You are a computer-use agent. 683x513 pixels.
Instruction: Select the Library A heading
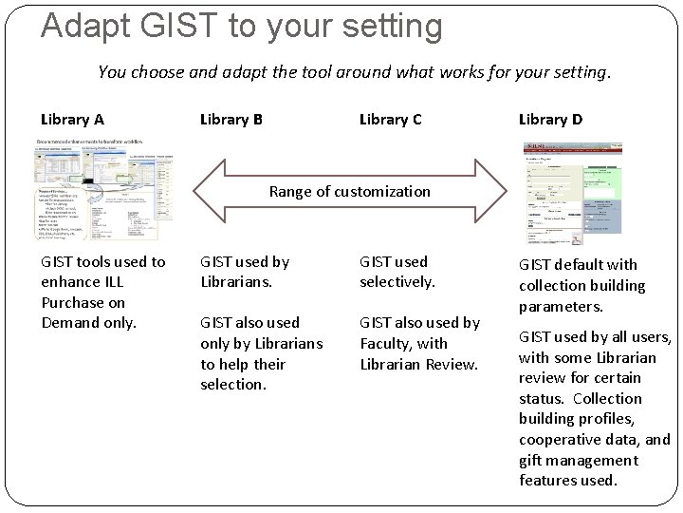click(x=72, y=120)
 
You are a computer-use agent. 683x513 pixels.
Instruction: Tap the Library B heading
click(x=231, y=120)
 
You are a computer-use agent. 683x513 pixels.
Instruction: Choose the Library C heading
click(x=391, y=120)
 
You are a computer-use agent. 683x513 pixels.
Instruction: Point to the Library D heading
click(x=550, y=120)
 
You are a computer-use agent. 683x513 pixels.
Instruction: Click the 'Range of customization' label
click(x=349, y=191)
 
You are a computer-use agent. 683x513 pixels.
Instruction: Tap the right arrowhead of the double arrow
click(x=491, y=191)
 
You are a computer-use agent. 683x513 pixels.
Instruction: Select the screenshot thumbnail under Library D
click(x=573, y=193)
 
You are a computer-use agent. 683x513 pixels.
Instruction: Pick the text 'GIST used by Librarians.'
click(x=245, y=272)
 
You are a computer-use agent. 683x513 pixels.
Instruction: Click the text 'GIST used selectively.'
click(x=397, y=272)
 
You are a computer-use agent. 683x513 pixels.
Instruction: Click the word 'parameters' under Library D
click(x=561, y=306)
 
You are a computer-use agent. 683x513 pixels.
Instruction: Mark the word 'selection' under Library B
click(x=232, y=385)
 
